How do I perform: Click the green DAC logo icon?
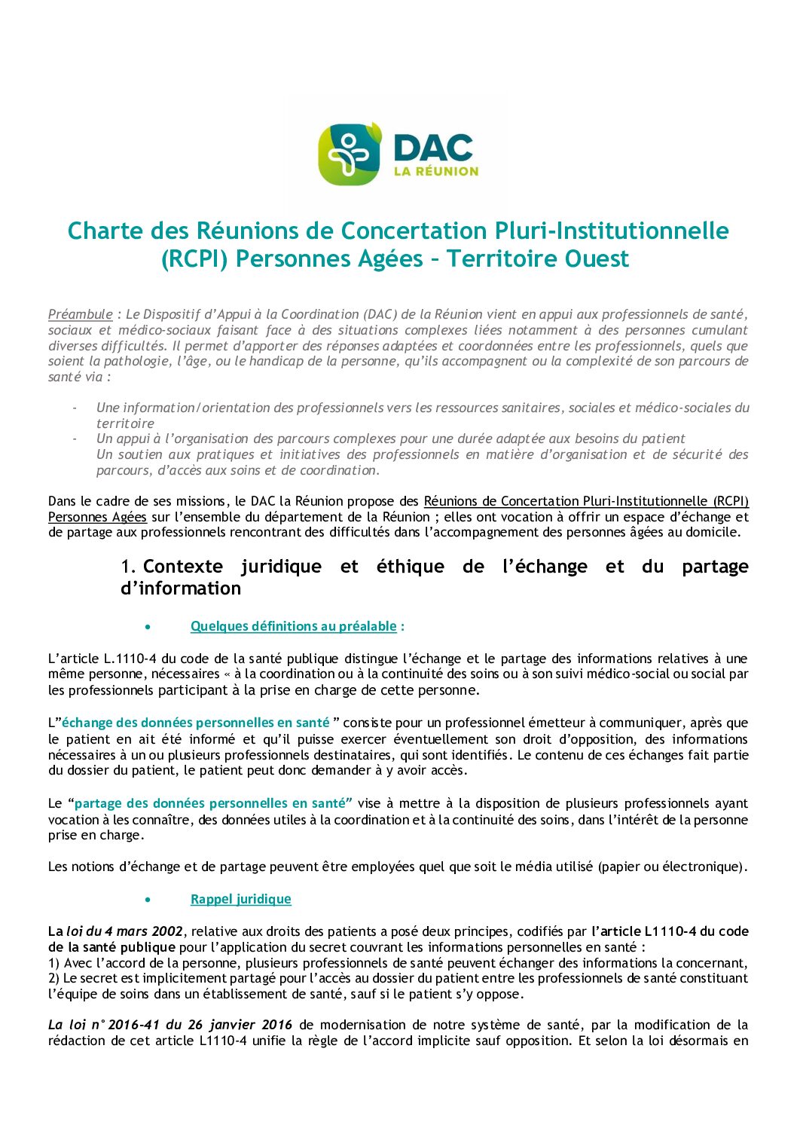(349, 154)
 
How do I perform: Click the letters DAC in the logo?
(434, 147)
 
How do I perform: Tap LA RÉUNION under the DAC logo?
(436, 171)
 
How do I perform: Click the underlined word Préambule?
(81, 314)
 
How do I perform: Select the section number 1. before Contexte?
(128, 567)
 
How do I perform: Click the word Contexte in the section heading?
(183, 567)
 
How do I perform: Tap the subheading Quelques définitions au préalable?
(293, 626)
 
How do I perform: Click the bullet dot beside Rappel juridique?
(148, 900)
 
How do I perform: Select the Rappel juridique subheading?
(240, 899)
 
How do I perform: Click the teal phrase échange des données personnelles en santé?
(196, 723)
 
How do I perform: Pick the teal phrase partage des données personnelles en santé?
(213, 803)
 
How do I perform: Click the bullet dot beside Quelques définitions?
(148, 627)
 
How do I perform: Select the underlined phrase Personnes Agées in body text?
(97, 517)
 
